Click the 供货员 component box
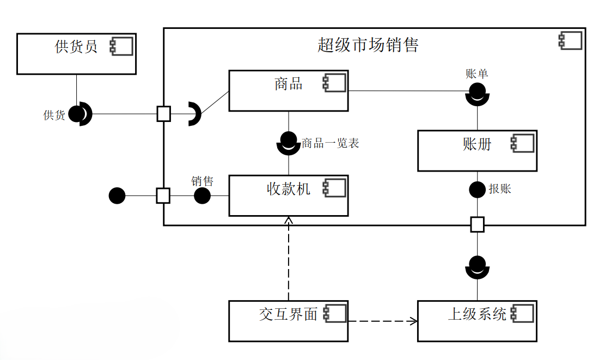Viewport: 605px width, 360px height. pos(76,54)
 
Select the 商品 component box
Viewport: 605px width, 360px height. pos(288,90)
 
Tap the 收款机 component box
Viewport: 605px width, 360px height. pos(288,195)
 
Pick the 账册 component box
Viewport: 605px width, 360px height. pos(477,150)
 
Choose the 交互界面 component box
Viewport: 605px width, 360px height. pos(288,321)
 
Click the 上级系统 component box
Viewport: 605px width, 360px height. pos(477,321)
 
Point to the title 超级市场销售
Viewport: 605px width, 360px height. pos(368,45)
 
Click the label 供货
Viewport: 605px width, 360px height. pos(54,115)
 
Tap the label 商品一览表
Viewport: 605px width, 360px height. pos(331,144)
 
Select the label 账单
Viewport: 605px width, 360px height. pos(476,74)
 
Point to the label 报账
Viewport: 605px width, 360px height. pos(499,190)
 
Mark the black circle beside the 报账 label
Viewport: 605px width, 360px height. pos(477,190)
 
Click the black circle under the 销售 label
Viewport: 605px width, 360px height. pos(202,196)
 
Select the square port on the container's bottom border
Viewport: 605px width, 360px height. pos(477,224)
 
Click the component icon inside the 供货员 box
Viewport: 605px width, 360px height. pos(121,47)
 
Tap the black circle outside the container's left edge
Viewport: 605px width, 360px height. pos(117,196)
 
